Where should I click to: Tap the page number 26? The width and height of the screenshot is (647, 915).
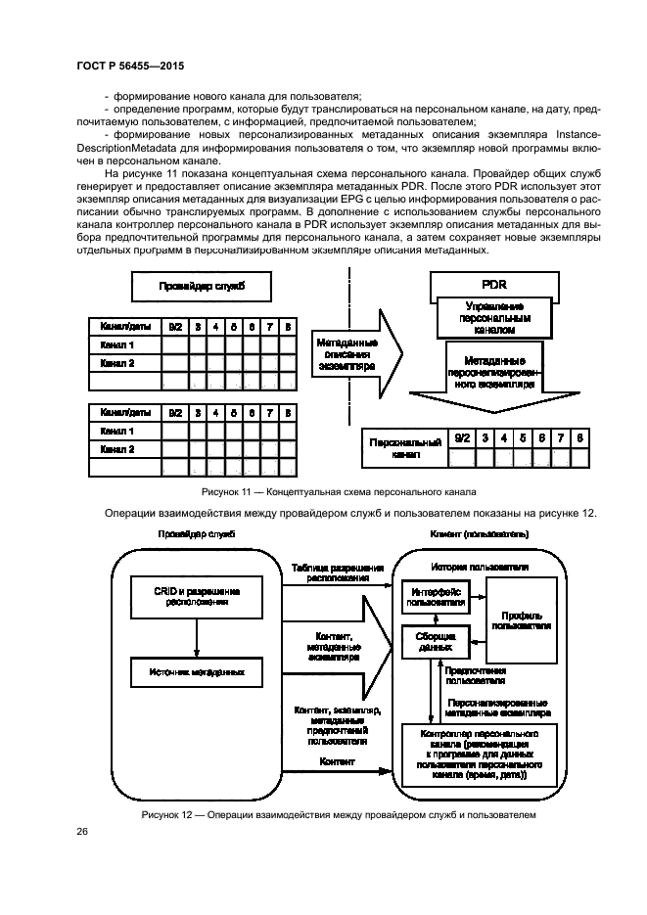(x=82, y=832)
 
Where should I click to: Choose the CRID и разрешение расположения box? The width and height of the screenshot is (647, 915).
(x=197, y=597)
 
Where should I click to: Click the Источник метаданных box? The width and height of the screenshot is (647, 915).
(x=197, y=672)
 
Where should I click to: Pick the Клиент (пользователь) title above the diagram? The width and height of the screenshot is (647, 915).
(x=480, y=535)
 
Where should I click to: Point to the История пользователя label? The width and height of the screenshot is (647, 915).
(x=481, y=568)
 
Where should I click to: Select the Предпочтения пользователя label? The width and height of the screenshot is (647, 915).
(x=476, y=676)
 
